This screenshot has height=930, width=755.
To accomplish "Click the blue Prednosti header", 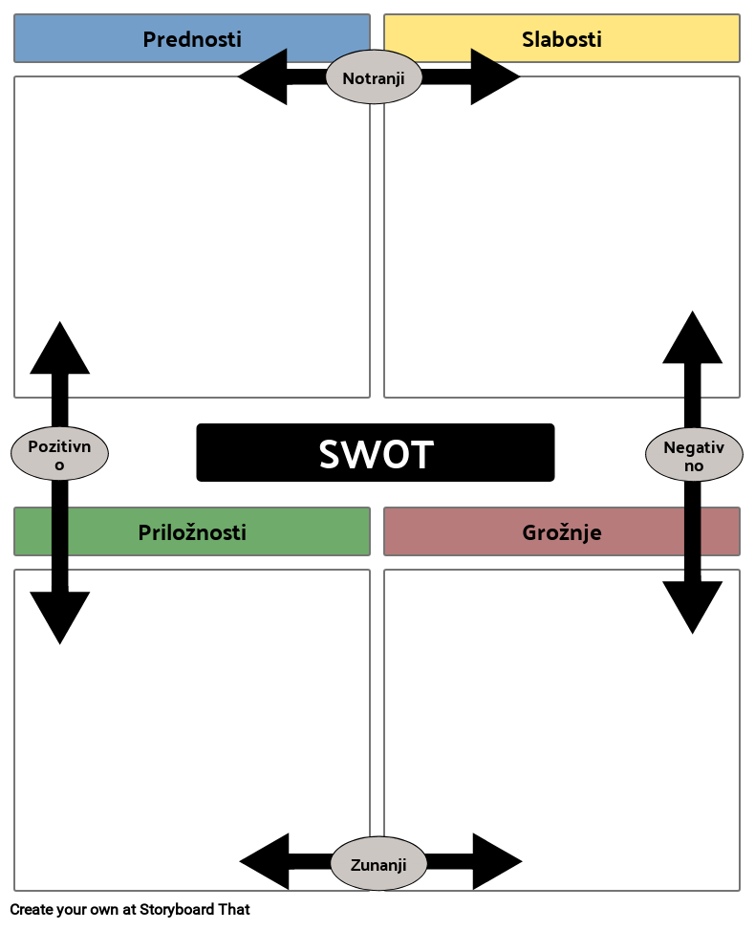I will pyautogui.click(x=191, y=38).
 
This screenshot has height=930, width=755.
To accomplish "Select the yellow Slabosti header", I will pyautogui.click(x=562, y=38).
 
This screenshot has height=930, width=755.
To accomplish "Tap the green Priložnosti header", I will pyautogui.click(x=191, y=531).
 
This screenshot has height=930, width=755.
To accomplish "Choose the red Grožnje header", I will pyautogui.click(x=562, y=531).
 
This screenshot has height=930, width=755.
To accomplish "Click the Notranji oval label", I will pyautogui.click(x=374, y=77).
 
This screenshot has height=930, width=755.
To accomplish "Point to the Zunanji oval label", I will pyautogui.click(x=378, y=864).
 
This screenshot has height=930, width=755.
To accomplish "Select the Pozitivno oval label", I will pyautogui.click(x=59, y=454).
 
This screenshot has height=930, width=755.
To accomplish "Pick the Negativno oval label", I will pyautogui.click(x=694, y=455).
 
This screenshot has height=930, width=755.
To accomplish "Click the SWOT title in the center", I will pyautogui.click(x=376, y=456).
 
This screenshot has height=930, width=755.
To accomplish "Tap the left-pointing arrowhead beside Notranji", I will pyautogui.click(x=266, y=76).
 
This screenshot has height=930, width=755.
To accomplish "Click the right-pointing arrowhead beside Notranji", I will pyautogui.click(x=491, y=76).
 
